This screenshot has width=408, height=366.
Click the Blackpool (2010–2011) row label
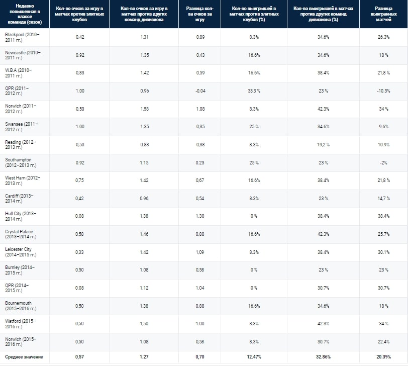tap(25, 37)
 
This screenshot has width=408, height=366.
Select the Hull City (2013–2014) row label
tap(25, 216)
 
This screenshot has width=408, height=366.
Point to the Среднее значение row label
tap(25, 357)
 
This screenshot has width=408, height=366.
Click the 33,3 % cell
tap(254, 90)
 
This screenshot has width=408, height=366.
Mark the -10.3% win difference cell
tap(383, 90)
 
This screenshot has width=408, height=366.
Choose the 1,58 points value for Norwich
tap(145, 109)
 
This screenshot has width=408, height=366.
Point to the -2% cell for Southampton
tap(383, 162)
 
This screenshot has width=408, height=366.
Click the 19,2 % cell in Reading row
tap(323, 144)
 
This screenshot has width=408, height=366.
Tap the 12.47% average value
tap(254, 357)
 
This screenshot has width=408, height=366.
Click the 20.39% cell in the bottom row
tap(383, 357)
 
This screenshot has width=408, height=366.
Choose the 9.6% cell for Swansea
tap(383, 127)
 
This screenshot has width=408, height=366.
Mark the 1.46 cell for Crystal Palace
tap(145, 234)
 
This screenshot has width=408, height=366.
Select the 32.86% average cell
tap(323, 357)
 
